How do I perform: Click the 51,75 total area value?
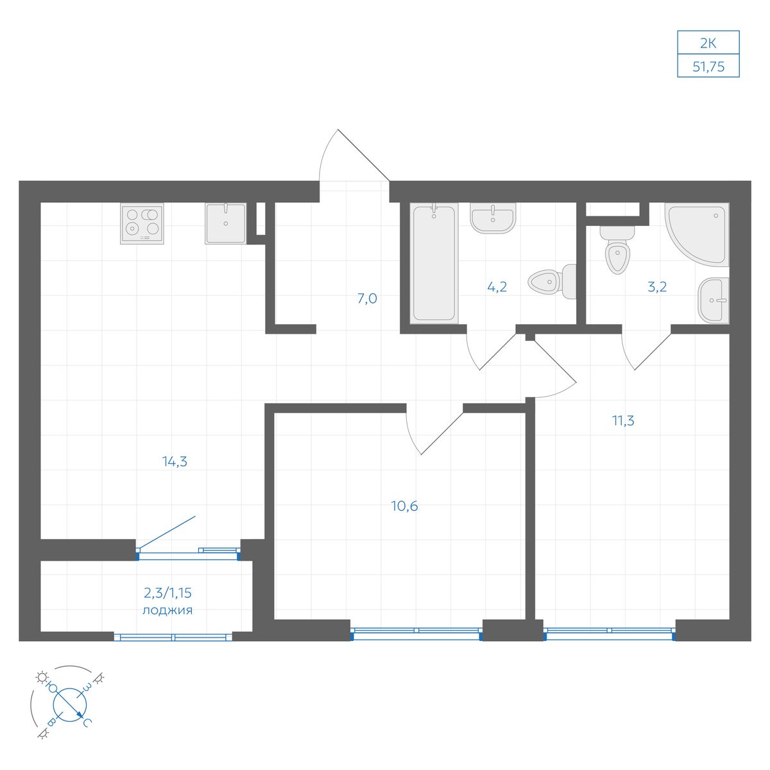(708, 67)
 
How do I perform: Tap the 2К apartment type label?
(708, 43)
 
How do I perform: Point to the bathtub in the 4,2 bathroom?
(434, 262)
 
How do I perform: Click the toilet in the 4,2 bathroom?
(552, 281)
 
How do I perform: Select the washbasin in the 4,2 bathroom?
(493, 218)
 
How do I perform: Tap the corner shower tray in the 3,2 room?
(697, 234)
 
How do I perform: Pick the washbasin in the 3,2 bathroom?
(714, 300)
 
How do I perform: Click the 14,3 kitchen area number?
(175, 461)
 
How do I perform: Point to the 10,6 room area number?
(404, 506)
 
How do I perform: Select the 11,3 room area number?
(623, 421)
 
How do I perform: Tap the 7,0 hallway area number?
(367, 298)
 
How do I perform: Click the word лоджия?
(167, 611)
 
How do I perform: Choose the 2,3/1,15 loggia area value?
(167, 593)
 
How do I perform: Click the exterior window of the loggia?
(173, 637)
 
